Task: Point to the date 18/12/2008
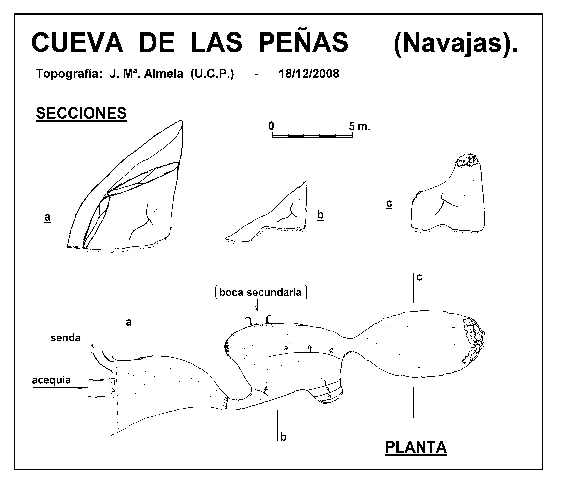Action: coord(309,74)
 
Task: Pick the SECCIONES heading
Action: coord(81,113)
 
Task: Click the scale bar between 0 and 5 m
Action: coord(312,135)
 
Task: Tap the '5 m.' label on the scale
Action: coord(359,126)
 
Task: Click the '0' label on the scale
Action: coord(271,126)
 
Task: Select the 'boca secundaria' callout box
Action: coord(261,292)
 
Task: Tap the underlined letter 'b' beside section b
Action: coord(320,215)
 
